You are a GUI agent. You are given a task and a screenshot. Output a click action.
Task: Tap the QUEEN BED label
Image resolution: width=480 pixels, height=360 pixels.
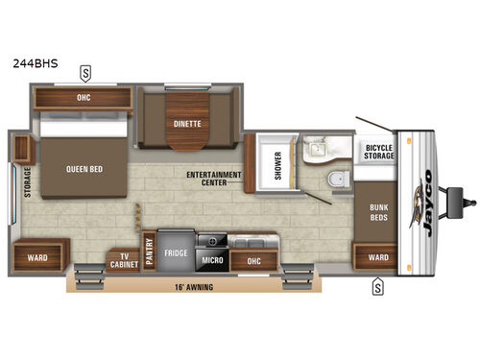pos(84,170)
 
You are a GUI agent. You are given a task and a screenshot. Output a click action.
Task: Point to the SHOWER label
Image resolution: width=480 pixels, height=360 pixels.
pos(279,165)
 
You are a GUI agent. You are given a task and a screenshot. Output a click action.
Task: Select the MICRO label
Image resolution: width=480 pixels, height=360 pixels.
pos(212,259)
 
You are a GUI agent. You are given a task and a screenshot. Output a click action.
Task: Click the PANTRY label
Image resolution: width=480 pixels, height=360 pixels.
pos(149,251)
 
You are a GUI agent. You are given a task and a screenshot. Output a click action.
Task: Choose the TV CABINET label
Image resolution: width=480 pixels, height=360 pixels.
pos(122,258)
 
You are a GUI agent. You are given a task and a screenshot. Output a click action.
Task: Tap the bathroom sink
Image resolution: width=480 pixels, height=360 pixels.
pos(315,150)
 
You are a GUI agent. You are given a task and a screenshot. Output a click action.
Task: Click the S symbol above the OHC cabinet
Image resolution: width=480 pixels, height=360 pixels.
pos(85,70)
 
